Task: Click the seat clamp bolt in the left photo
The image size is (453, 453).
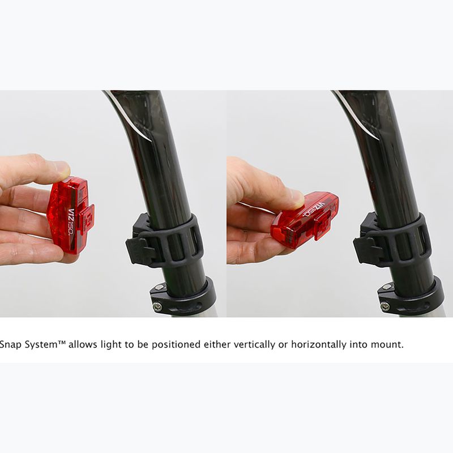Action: [157, 306]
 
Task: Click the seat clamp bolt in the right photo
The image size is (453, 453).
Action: [385, 306]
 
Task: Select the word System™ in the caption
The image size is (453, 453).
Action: [45, 344]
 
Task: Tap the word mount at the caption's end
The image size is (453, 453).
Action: [388, 344]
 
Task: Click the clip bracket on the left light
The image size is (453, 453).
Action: [85, 218]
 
